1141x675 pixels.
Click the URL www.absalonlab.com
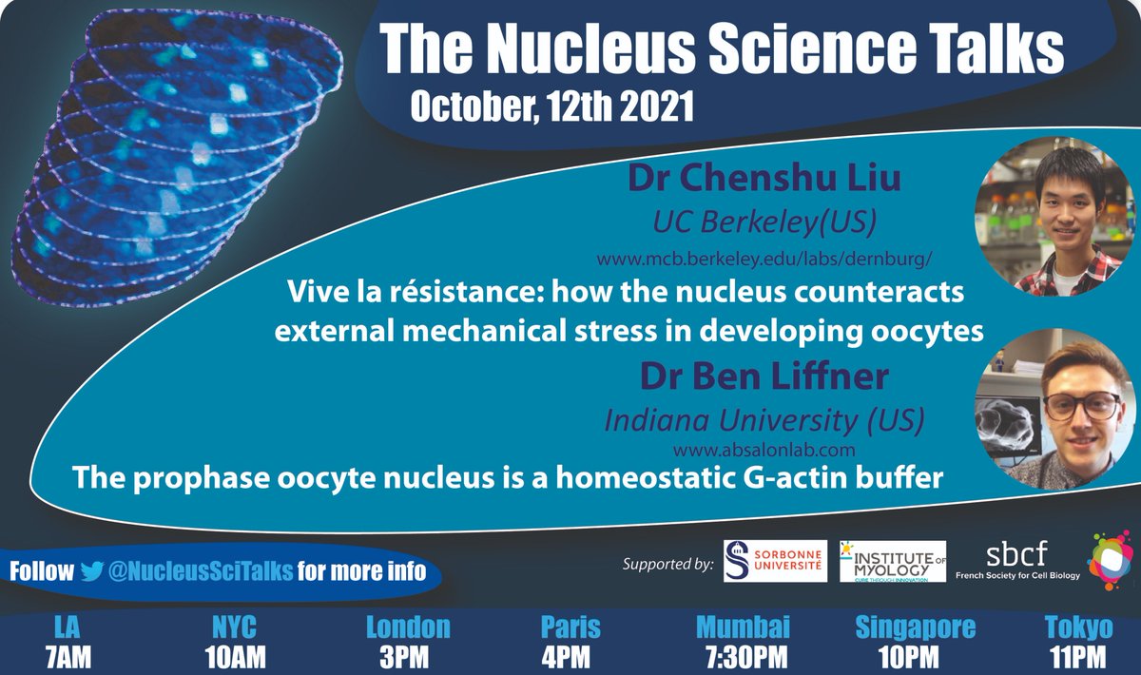[764, 449]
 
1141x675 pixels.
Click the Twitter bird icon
[91, 570]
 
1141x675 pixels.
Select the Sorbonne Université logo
[776, 562]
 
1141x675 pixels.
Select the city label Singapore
[915, 628]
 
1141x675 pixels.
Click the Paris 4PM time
[570, 656]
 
